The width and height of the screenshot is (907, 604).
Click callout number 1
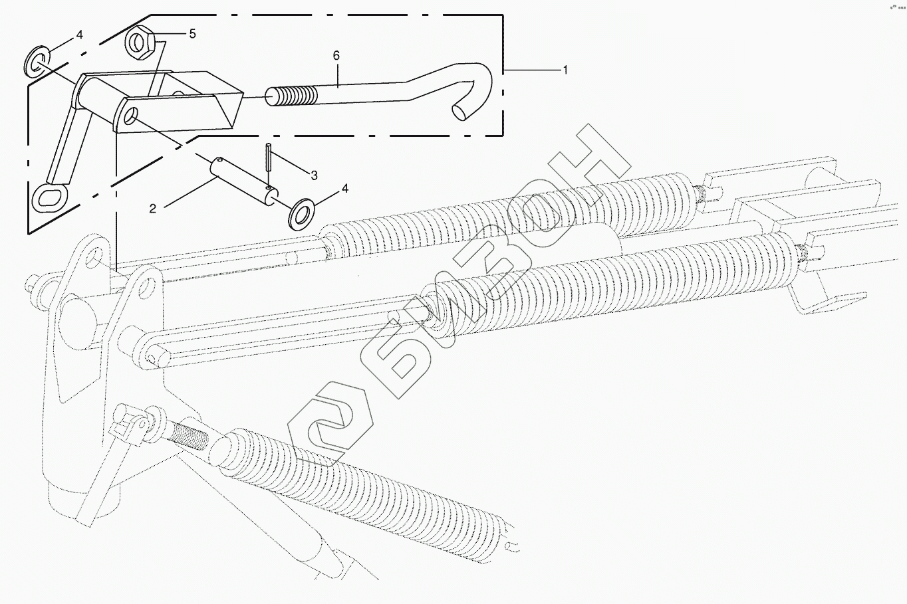point(565,70)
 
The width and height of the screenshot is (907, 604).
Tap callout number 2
point(153,209)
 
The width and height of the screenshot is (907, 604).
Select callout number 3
point(314,175)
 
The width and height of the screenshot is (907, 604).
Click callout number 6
point(336,56)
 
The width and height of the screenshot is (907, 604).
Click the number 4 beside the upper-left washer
point(79,35)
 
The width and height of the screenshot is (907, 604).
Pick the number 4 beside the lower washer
point(344,189)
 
